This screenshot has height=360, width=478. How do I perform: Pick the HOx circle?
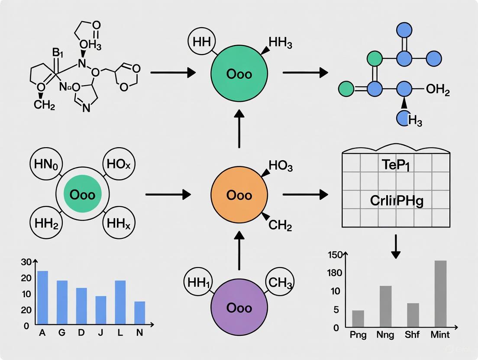pyautogui.click(x=119, y=164)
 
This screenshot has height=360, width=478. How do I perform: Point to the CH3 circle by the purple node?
pyautogui.click(x=280, y=283)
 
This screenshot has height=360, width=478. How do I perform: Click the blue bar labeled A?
pyautogui.click(x=42, y=297)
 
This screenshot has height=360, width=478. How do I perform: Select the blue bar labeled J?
pyautogui.click(x=100, y=310)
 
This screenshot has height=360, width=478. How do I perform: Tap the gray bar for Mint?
pyautogui.click(x=440, y=293)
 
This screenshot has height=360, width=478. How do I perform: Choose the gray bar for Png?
pyautogui.click(x=358, y=318)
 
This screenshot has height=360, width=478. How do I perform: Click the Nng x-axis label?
pyautogui.click(x=385, y=335)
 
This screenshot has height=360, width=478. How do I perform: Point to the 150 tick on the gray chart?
pyautogui.click(x=335, y=255)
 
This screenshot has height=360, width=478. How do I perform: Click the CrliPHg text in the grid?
pyautogui.click(x=396, y=201)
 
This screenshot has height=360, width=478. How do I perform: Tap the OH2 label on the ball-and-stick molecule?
pyautogui.click(x=438, y=90)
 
